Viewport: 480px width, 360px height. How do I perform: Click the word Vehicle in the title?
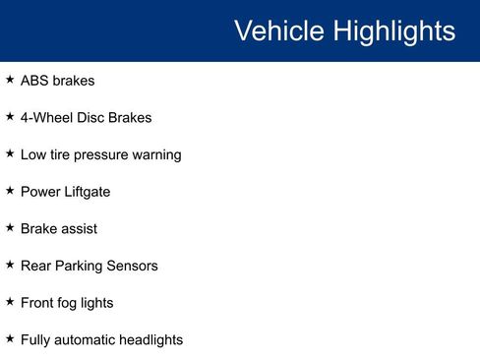[279, 31]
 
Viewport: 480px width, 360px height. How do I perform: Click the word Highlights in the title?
[393, 31]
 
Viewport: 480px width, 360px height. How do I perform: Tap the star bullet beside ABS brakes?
[10, 80]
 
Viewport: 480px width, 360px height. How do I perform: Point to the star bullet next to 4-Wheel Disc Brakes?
[10, 117]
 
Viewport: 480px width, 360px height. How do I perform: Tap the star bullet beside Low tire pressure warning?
[10, 153]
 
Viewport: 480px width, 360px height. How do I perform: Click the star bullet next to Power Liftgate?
[10, 191]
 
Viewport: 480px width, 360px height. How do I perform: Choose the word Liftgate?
[86, 192]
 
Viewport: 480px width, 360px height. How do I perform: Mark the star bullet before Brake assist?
[10, 228]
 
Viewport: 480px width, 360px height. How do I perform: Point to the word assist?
[79, 229]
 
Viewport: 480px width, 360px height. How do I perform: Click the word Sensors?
[133, 266]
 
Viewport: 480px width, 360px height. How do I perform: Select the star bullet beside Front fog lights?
[10, 302]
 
